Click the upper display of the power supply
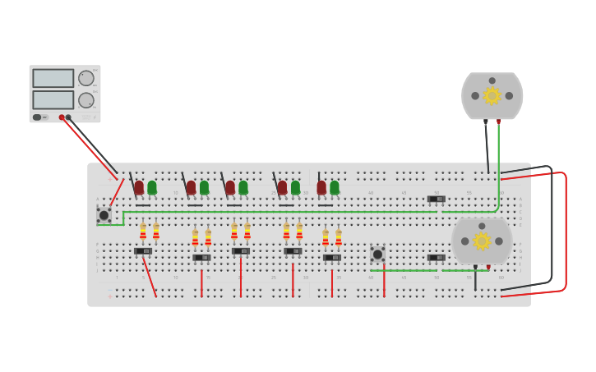coord(53,78)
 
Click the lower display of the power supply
coord(53,99)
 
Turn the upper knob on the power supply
coord(85,78)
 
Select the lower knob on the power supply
coord(85,100)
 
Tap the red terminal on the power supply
coord(62,117)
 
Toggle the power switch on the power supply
coord(37,117)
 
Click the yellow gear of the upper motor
coord(492,96)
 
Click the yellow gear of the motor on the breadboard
coord(482,241)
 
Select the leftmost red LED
coord(139,188)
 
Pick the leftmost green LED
coord(152,188)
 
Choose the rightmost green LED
coord(335,188)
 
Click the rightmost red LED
coord(321,188)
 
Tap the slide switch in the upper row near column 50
coord(436,199)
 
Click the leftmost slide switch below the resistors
coord(143,251)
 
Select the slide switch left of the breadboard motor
coord(436,258)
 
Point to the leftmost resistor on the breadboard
coord(143,231)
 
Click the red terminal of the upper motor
coord(498,122)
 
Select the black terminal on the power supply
coord(68,117)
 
